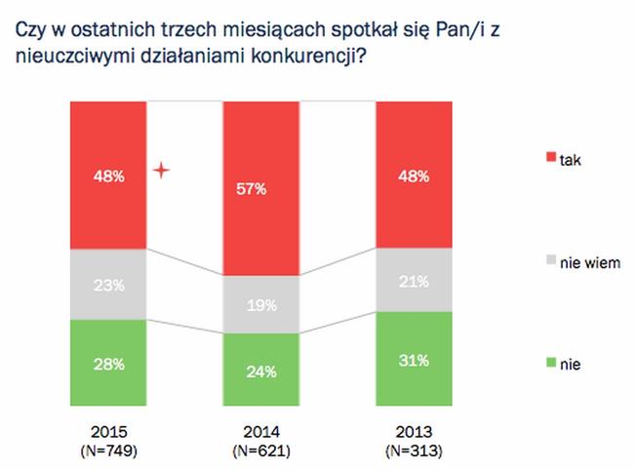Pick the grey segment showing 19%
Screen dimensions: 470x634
[x=260, y=305]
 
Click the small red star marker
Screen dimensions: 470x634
[x=162, y=172]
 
